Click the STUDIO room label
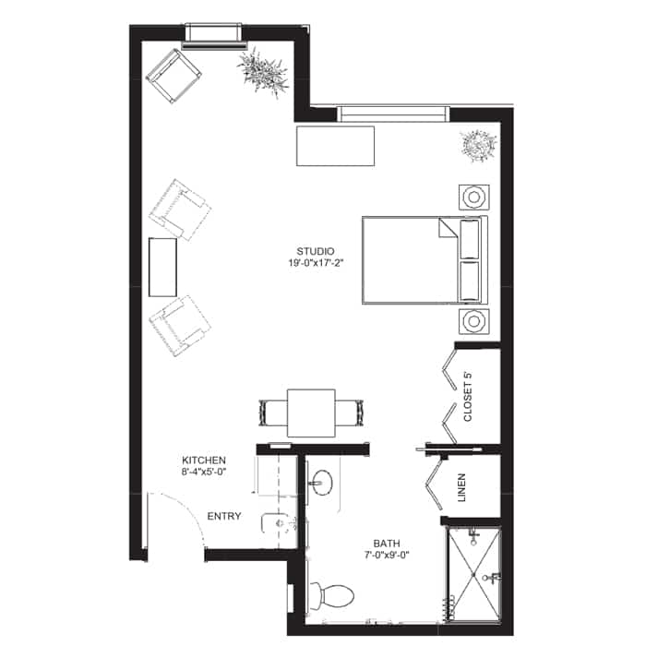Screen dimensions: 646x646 click(316, 251)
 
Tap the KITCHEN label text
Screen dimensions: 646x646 click(204, 461)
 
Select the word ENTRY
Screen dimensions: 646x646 click(224, 516)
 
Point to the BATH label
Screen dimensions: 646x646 click(387, 544)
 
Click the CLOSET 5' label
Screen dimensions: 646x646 click(468, 396)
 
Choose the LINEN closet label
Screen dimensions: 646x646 click(461, 487)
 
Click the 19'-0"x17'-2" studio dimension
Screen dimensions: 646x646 click(316, 263)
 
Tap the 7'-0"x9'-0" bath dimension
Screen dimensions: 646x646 click(387, 555)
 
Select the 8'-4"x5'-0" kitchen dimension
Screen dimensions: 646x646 click(204, 472)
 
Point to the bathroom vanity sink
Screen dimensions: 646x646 click(322, 483)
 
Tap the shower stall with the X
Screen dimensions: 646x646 click(473, 575)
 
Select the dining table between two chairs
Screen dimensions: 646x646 click(312, 413)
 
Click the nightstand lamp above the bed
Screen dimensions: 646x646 click(474, 197)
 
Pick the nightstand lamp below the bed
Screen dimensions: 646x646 click(474, 321)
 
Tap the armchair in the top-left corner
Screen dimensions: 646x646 click(173, 76)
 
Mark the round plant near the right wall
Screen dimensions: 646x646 click(478, 146)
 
